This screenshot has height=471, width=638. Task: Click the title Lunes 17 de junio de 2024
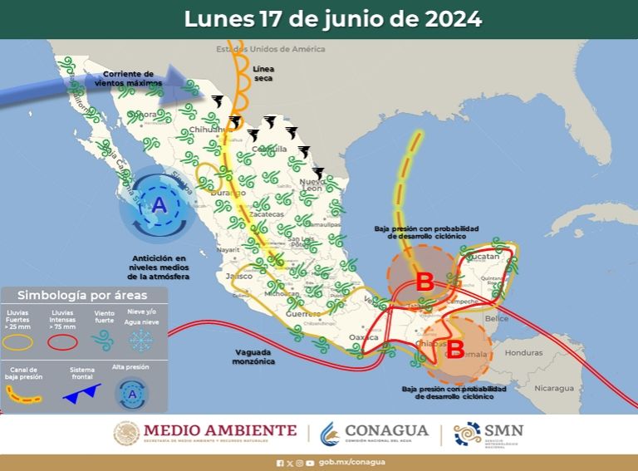(332, 19)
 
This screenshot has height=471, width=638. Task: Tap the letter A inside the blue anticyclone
(159, 204)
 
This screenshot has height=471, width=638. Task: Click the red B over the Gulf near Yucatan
(425, 281)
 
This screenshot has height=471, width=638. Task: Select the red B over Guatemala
(455, 346)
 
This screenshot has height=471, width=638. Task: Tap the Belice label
(497, 318)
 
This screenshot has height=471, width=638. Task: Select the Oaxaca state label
(364, 336)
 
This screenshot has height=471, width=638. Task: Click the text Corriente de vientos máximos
(124, 79)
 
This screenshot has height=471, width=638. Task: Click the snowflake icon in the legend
(140, 341)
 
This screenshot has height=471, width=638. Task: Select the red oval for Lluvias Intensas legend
(61, 341)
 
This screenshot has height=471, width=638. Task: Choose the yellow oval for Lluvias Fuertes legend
(19, 341)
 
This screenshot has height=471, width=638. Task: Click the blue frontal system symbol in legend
(81, 391)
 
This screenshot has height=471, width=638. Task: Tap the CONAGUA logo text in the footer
(388, 430)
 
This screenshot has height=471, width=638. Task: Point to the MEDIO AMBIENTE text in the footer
(220, 430)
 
